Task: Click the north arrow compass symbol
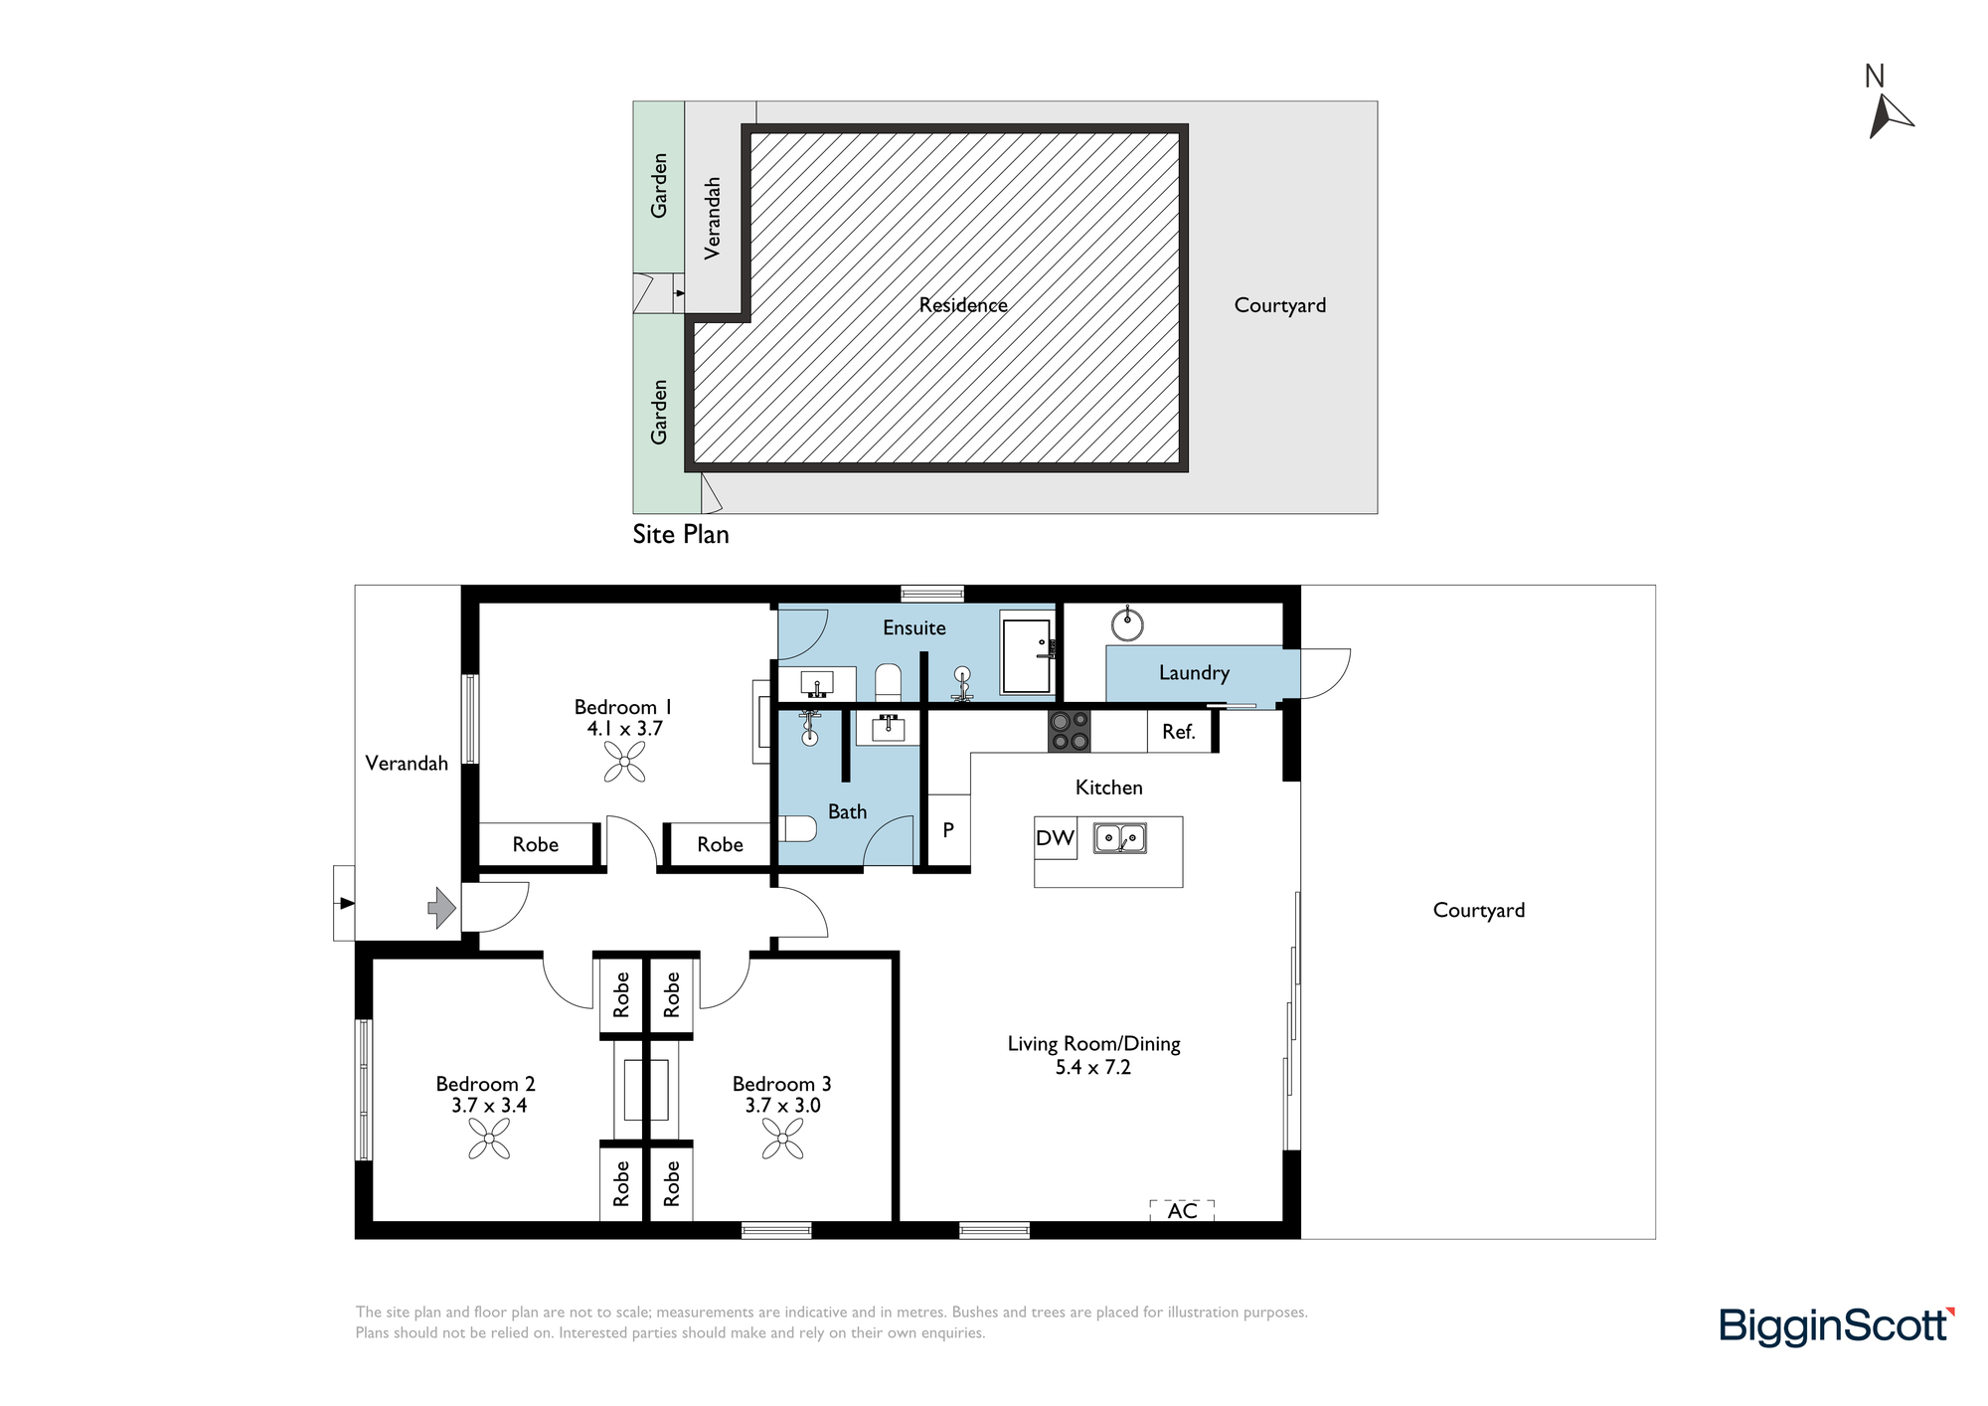tap(1888, 114)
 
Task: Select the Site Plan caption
tap(681, 534)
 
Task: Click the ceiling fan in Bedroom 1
tap(624, 764)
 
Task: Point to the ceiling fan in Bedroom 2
tap(489, 1139)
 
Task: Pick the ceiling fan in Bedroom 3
tap(783, 1139)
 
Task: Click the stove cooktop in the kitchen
tap(1070, 731)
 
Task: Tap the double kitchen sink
tap(1120, 838)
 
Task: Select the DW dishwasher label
tap(1055, 838)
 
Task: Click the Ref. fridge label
tap(1178, 732)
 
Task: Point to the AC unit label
tap(1182, 1211)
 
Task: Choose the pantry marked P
tap(948, 829)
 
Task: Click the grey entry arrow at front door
tap(441, 908)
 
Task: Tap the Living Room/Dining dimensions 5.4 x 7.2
tap(1093, 1068)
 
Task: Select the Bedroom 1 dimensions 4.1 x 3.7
tap(624, 729)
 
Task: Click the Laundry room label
tap(1194, 673)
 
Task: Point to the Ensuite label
tap(914, 628)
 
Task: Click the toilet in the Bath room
tap(797, 828)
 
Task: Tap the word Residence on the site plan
tap(963, 305)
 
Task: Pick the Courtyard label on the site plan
tap(1280, 305)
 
